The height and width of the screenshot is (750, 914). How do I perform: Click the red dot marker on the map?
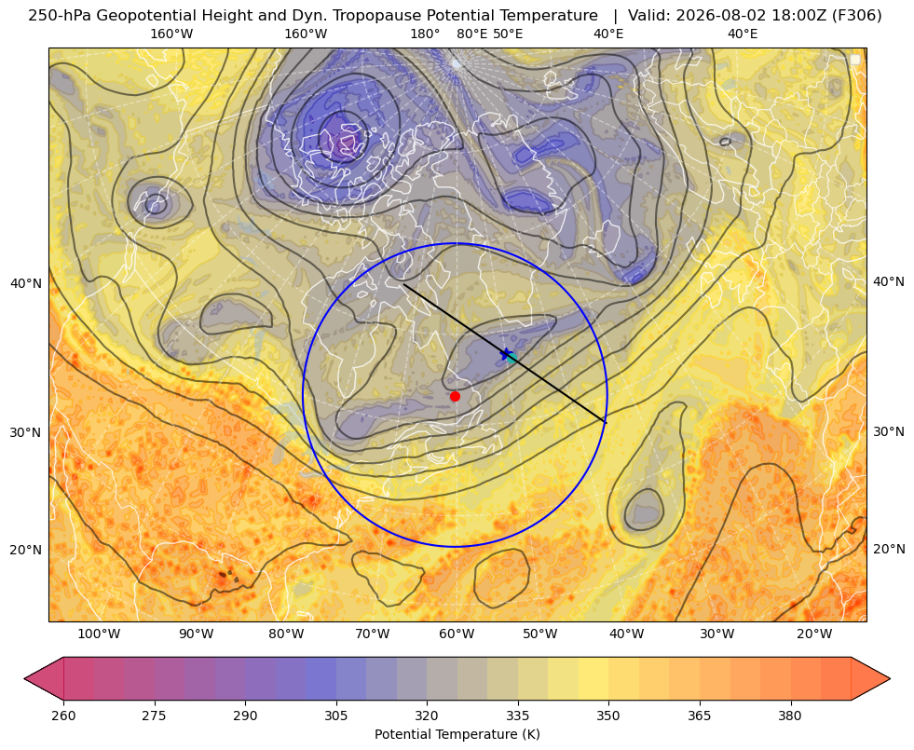[456, 396]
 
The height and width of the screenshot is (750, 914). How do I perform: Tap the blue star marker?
[506, 354]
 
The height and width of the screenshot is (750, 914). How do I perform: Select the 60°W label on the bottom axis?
[457, 634]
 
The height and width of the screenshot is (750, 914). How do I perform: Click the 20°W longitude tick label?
[814, 634]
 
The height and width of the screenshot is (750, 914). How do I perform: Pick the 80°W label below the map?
[286, 634]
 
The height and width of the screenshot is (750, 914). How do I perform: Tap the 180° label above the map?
[425, 34]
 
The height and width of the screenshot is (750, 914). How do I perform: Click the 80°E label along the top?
[471, 34]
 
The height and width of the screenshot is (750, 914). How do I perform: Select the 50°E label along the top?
[508, 34]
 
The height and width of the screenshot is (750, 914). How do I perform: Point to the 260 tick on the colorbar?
[63, 716]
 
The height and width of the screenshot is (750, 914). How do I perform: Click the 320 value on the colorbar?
[427, 716]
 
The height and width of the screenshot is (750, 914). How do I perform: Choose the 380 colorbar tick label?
[790, 716]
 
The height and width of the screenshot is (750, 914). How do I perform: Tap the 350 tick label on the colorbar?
[608, 716]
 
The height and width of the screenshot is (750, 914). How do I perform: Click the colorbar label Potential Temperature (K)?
[457, 734]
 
